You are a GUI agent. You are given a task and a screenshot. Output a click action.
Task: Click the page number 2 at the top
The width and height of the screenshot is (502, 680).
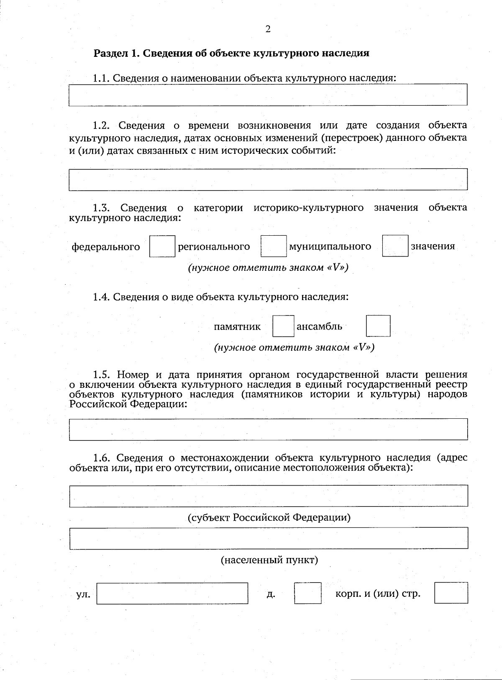tap(268, 29)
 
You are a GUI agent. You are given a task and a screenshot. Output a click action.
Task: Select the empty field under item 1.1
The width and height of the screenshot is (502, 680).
tap(268, 94)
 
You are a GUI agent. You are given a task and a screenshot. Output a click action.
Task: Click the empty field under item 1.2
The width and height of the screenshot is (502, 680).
tap(268, 179)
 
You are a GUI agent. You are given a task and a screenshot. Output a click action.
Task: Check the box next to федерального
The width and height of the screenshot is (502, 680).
tap(162, 246)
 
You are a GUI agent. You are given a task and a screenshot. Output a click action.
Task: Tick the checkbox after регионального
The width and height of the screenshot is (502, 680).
tap(274, 246)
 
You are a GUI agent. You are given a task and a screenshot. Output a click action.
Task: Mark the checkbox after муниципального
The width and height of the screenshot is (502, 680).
tap(395, 246)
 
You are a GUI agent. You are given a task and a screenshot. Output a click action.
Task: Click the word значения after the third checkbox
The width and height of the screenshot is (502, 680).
tap(433, 246)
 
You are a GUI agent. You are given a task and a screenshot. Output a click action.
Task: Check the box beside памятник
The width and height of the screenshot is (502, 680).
tap(283, 326)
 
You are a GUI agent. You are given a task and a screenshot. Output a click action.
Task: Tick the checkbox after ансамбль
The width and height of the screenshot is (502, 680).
tap(378, 326)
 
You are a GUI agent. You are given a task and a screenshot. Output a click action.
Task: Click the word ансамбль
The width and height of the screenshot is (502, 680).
tap(319, 326)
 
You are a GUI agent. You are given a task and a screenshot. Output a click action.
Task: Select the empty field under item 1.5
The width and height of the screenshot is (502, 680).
tap(268, 429)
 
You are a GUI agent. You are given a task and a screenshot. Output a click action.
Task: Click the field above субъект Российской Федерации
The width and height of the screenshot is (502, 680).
tap(268, 496)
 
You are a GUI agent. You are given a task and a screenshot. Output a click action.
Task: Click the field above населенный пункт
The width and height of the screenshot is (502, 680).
tap(268, 538)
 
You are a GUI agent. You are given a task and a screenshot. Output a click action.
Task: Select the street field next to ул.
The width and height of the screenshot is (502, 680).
tap(172, 593)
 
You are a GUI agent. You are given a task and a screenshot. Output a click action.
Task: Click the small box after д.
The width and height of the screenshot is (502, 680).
tap(307, 593)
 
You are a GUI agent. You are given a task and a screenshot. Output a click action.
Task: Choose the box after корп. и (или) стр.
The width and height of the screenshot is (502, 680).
tap(451, 593)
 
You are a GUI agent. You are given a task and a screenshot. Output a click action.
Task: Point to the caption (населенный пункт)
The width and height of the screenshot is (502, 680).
tap(269, 560)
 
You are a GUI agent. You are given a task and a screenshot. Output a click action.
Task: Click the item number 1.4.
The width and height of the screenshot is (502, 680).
tap(101, 297)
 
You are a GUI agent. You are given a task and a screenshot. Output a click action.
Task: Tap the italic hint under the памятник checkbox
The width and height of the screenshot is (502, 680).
tap(294, 347)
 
